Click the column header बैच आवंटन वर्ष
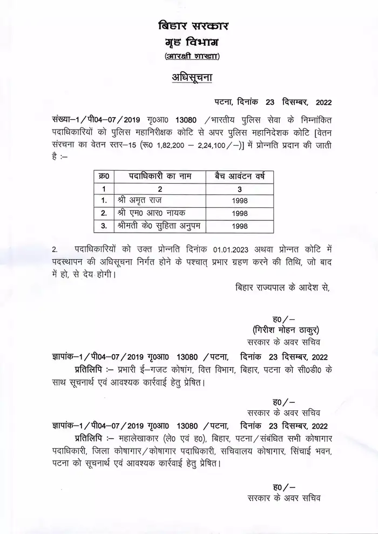coord(240,177)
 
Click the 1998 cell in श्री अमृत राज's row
coord(240,201)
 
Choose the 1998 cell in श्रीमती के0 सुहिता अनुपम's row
coord(240,226)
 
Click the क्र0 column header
coord(105,177)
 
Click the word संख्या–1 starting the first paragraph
coord(66,119)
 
